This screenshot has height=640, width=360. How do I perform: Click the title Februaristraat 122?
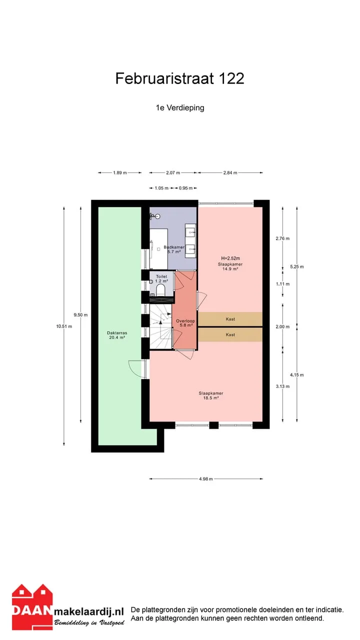tap(179, 78)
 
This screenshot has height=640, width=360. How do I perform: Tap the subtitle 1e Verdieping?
tap(180, 107)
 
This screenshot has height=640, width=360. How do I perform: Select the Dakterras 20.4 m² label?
tap(117, 335)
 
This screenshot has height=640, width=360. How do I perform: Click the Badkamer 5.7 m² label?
tap(174, 249)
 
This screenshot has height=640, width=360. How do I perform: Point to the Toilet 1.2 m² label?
tap(161, 279)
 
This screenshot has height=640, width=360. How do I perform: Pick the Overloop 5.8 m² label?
tap(185, 323)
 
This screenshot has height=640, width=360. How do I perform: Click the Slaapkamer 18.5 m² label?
tap(211, 395)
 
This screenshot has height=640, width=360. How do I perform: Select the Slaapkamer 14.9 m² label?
tap(230, 266)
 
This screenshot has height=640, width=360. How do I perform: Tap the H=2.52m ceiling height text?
tap(230, 258)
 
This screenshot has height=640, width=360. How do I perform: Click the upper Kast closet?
tap(230, 319)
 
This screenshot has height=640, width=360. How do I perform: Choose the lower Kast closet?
tap(230, 334)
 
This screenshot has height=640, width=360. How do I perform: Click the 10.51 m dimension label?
tap(64, 326)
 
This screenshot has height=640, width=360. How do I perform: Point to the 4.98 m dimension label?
tap(206, 479)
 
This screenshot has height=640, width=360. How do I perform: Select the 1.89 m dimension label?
tap(120, 172)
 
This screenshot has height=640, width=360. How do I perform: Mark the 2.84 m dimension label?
tap(230, 172)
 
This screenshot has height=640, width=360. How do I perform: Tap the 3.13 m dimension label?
tap(282, 386)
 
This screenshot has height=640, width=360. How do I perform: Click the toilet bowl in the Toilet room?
tap(160, 289)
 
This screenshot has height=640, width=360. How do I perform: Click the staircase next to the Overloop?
tap(161, 326)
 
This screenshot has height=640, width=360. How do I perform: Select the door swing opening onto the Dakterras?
tap(135, 369)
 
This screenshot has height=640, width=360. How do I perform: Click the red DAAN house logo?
tap(32, 607)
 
